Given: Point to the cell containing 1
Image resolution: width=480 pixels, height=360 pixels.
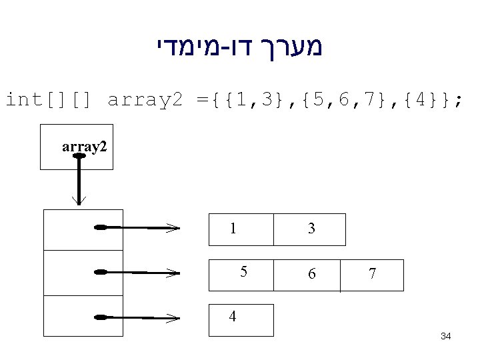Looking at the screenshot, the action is point(241,229).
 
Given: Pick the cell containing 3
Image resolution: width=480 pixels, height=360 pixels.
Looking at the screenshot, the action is point(311,229).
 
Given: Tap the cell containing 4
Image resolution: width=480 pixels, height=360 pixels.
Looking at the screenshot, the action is point(241,319).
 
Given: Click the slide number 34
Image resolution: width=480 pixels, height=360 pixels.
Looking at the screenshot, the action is point(446,337).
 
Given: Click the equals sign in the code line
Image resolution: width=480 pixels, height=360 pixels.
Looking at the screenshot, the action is point(202,101).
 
